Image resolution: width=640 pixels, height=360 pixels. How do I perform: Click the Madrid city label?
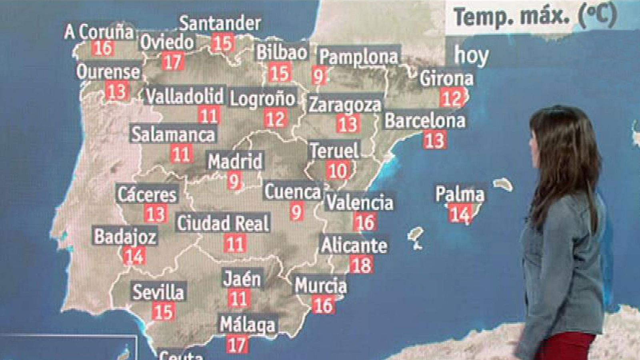[x=235, y=161]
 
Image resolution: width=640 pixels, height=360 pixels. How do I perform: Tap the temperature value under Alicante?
[x=362, y=265]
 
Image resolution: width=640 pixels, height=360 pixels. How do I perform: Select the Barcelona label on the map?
[x=425, y=121]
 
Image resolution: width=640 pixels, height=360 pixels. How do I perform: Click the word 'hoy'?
[x=471, y=55]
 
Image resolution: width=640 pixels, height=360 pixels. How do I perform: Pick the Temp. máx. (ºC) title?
[x=535, y=17]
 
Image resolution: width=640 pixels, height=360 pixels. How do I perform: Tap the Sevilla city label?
[x=158, y=292]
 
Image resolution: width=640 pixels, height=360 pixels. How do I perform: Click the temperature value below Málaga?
[x=236, y=344]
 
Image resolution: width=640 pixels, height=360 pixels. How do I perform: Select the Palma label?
[x=460, y=194]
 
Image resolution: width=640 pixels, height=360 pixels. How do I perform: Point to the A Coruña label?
[x=99, y=32]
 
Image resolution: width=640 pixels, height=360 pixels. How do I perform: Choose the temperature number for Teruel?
[x=338, y=171]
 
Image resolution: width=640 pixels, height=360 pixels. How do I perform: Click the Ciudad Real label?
[x=223, y=223]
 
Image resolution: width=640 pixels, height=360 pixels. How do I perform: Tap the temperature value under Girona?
[x=451, y=98]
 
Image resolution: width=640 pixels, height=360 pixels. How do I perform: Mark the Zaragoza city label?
[x=345, y=105]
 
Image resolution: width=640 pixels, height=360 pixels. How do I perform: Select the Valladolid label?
[x=184, y=96]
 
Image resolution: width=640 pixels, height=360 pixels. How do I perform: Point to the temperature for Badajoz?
[x=134, y=256]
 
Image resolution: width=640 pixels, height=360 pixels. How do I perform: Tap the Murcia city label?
[x=321, y=286]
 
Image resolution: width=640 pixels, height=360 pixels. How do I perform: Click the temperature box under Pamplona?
[x=319, y=75]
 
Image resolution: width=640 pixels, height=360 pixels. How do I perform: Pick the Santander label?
[x=220, y=24]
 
